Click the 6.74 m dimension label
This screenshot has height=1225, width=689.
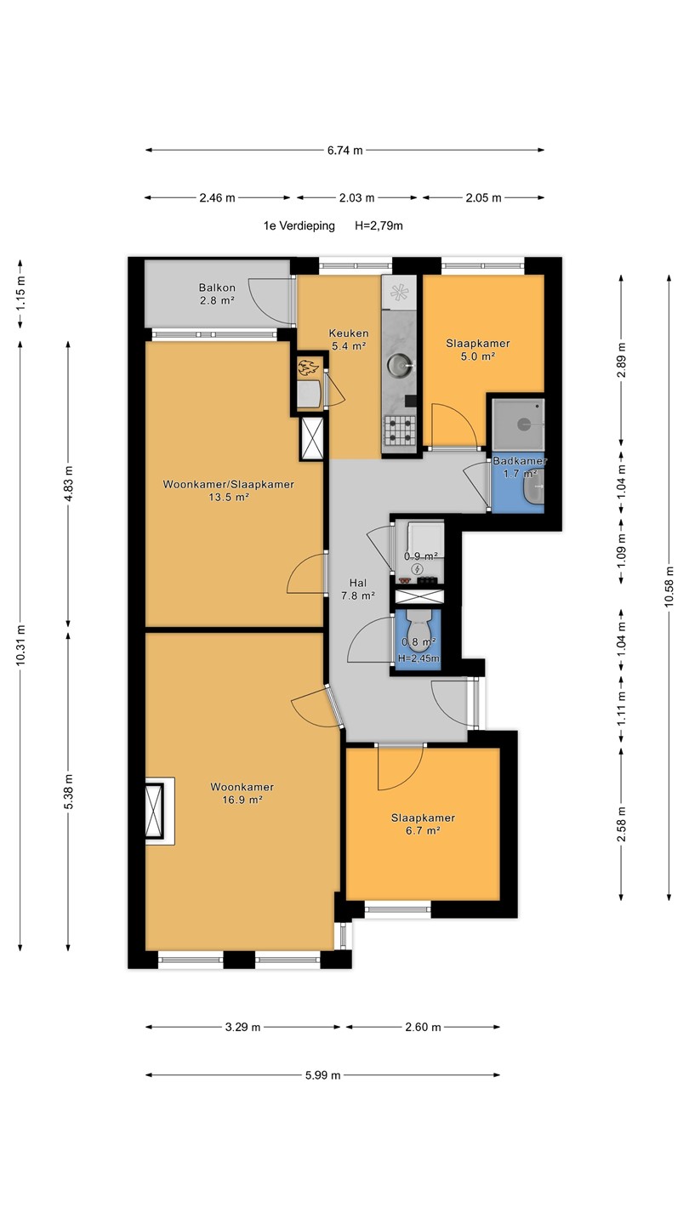click(x=345, y=151)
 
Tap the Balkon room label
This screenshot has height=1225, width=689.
click(x=217, y=293)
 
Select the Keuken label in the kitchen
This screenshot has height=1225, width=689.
click(x=349, y=339)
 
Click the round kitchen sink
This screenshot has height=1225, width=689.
click(x=400, y=363)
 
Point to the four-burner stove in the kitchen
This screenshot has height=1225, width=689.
click(x=400, y=430)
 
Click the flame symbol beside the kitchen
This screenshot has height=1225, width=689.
click(x=308, y=367)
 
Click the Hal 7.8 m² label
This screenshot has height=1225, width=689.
click(x=357, y=590)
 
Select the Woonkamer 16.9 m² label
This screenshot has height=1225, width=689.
click(x=242, y=793)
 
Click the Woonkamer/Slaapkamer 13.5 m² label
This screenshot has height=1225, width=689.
click(x=229, y=491)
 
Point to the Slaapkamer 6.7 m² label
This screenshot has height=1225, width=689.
click(x=423, y=824)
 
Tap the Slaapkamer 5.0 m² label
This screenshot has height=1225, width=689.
click(x=478, y=350)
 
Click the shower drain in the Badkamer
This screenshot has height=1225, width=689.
click(x=524, y=424)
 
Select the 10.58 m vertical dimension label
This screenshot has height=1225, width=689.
click(x=669, y=587)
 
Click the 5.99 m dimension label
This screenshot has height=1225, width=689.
click(x=322, y=1075)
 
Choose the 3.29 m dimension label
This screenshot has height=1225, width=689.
click(x=242, y=1027)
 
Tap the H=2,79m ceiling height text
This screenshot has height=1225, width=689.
click(x=379, y=225)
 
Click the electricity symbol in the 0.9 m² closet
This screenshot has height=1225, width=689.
click(x=418, y=570)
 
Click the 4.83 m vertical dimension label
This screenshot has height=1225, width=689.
click(x=68, y=484)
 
